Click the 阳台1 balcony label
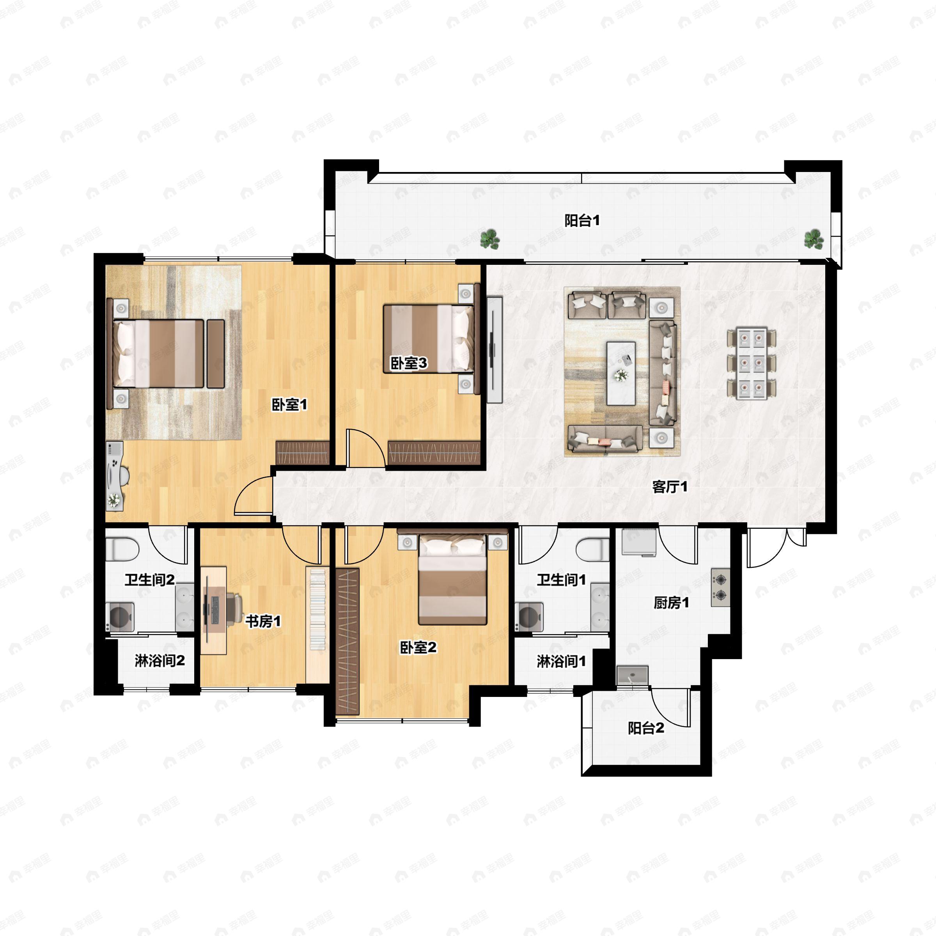(x=582, y=221)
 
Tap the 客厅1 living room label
(x=670, y=487)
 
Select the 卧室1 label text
(x=289, y=404)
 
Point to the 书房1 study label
(x=263, y=621)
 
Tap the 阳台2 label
(x=646, y=728)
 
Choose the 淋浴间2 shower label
(x=160, y=660)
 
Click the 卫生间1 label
(x=561, y=580)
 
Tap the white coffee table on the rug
(x=621, y=373)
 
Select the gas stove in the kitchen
(x=720, y=587)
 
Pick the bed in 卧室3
(x=428, y=339)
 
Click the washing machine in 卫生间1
(x=530, y=617)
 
